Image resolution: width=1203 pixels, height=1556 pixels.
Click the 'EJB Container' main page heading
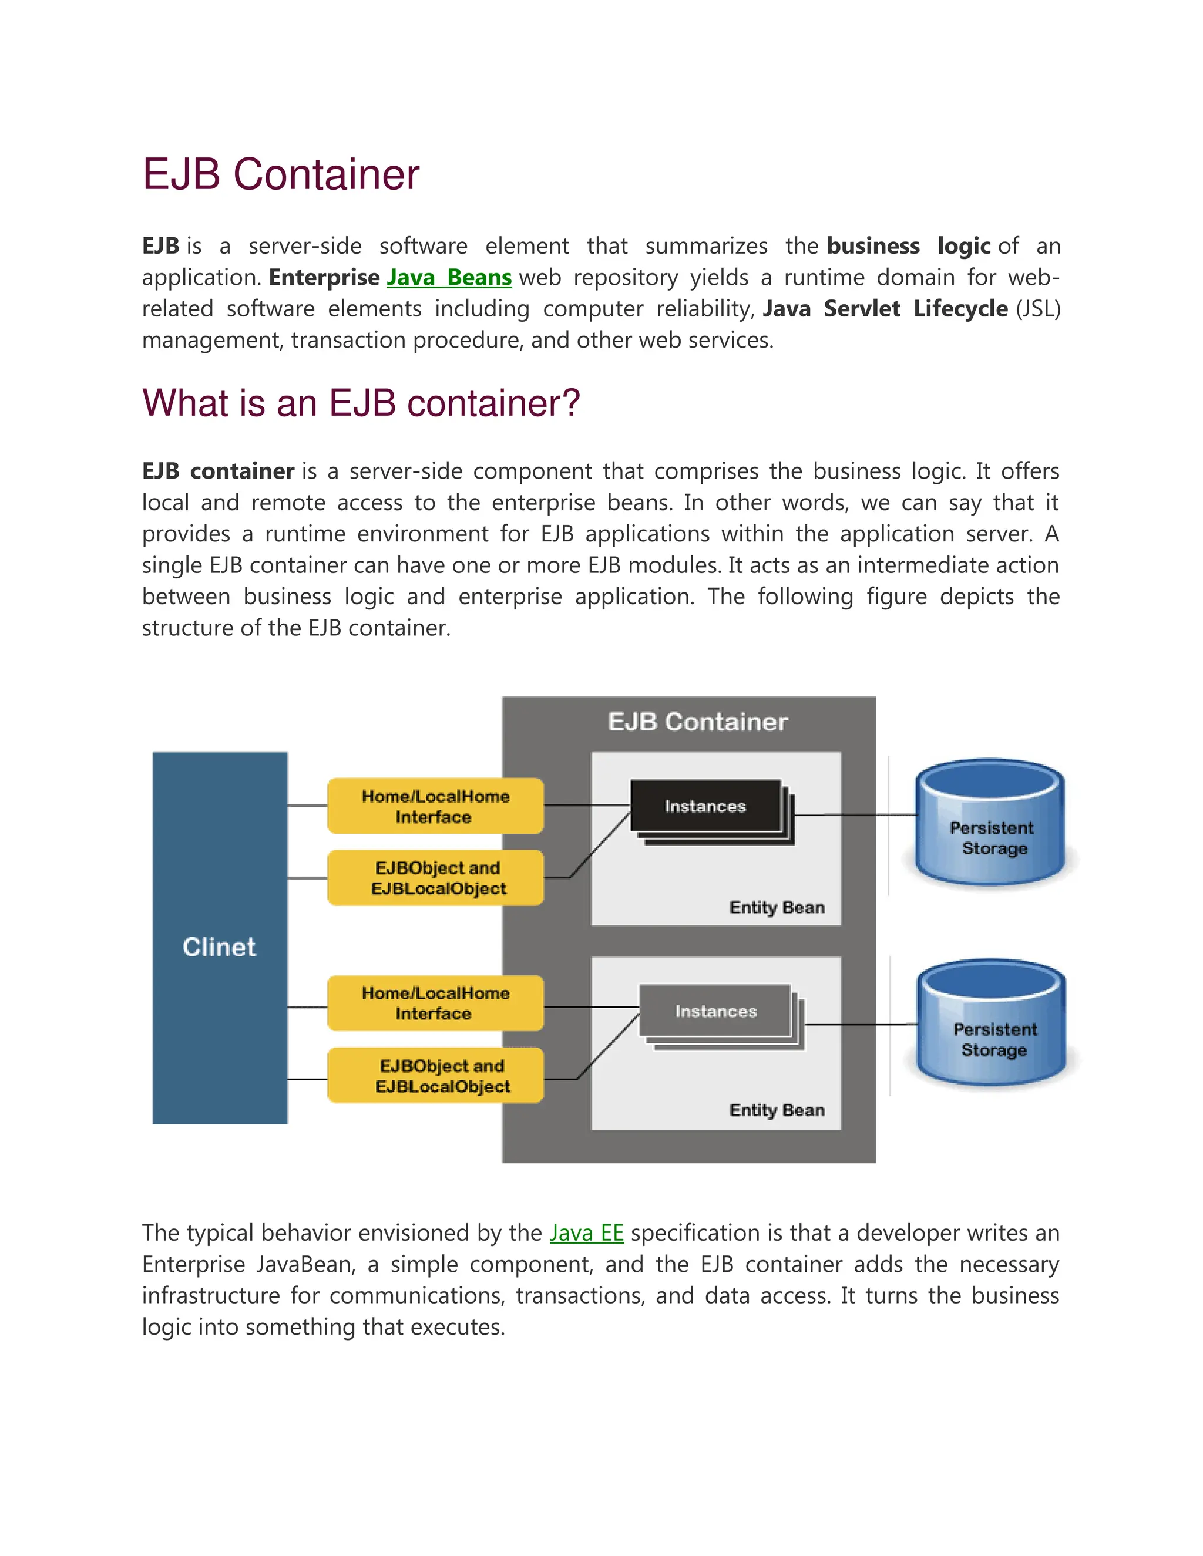[x=281, y=174]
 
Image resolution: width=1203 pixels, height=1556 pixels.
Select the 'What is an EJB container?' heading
[x=361, y=403]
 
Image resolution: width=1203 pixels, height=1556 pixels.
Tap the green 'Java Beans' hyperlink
[x=449, y=277]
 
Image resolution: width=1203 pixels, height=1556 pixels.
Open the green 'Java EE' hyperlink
[x=587, y=1232]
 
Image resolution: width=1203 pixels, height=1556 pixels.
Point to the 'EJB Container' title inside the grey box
[x=698, y=722]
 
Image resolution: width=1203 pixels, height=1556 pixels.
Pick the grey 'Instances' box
[x=715, y=1011]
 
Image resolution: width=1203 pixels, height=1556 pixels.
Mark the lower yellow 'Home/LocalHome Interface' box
[x=435, y=1003]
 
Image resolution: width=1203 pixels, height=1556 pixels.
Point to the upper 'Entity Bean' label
[x=777, y=908]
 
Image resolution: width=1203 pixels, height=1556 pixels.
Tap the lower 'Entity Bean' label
[x=777, y=1110]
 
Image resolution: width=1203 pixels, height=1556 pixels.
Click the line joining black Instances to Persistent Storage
[x=855, y=815]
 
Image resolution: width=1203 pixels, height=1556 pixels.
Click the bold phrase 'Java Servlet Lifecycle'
[x=885, y=308]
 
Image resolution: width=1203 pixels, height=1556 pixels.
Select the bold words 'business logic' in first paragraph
[x=909, y=246]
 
